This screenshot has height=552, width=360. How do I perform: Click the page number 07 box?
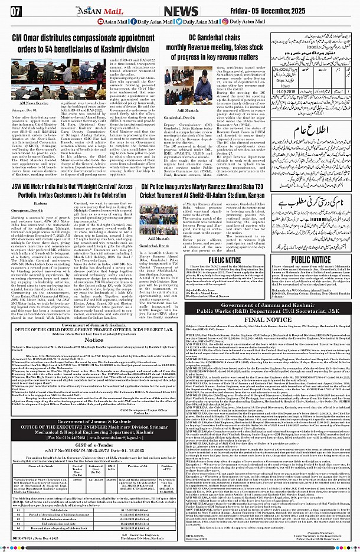coord(15,11)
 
